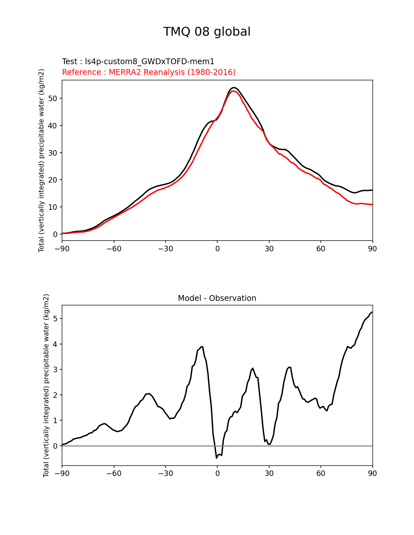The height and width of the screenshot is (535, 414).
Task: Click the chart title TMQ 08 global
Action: pyautogui.click(x=207, y=32)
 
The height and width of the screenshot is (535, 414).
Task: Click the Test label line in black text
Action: pyautogui.click(x=138, y=62)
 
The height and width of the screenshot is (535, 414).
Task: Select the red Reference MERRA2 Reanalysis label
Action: pyautogui.click(x=149, y=72)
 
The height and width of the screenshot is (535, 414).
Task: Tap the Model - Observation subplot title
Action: pyautogui.click(x=217, y=298)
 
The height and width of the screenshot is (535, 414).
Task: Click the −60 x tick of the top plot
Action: pyautogui.click(x=114, y=249)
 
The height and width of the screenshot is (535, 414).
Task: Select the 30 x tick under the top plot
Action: pyautogui.click(x=269, y=249)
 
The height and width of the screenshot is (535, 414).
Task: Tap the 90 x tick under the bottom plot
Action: pyautogui.click(x=372, y=473)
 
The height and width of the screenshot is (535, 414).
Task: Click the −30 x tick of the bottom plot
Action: pyautogui.click(x=165, y=473)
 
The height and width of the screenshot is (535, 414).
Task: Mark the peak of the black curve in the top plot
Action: pyautogui.click(x=233, y=88)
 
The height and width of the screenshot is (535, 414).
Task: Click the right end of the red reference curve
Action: pyautogui.click(x=372, y=204)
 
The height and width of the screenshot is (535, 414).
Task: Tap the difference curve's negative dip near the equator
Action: pyautogui.click(x=217, y=458)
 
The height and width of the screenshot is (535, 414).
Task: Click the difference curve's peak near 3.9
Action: pyautogui.click(x=202, y=347)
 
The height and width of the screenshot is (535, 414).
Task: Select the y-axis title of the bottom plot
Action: pyautogui.click(x=46, y=386)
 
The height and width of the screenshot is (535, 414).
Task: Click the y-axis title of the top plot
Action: pyautogui.click(x=41, y=160)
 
